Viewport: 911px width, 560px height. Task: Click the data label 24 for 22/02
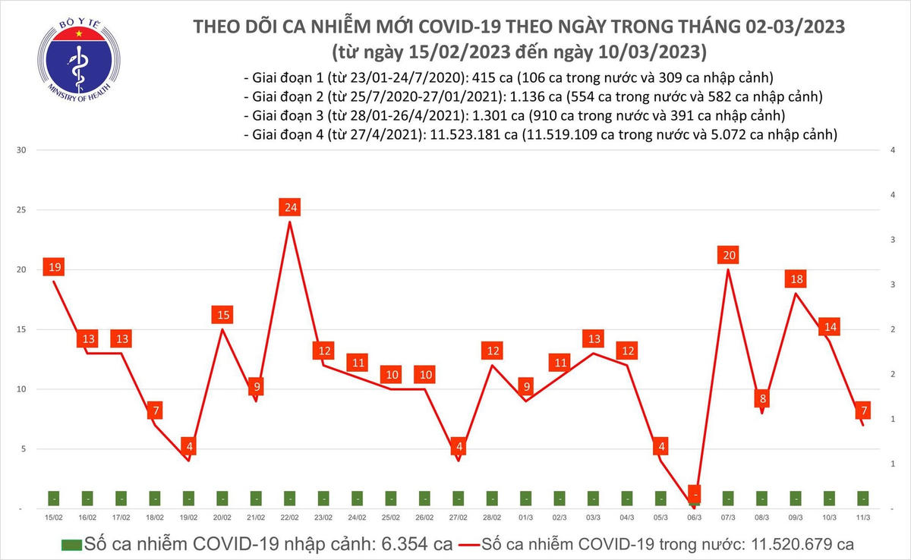pyautogui.click(x=289, y=207)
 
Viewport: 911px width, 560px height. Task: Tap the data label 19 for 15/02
pyautogui.click(x=54, y=267)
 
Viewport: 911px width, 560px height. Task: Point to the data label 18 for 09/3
pyautogui.click(x=796, y=279)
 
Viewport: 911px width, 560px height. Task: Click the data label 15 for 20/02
pyautogui.click(x=222, y=315)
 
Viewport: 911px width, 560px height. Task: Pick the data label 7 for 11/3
pyautogui.click(x=864, y=411)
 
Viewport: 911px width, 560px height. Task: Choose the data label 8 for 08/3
pyautogui.click(x=762, y=398)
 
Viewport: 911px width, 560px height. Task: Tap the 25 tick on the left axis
pyautogui.click(x=22, y=210)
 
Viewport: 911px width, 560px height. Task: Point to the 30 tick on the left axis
pyautogui.click(x=22, y=150)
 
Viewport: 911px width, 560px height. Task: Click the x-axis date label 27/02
pyautogui.click(x=458, y=517)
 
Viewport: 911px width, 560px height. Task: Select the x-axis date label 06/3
pyautogui.click(x=694, y=517)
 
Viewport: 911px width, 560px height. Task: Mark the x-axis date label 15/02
pyautogui.click(x=54, y=517)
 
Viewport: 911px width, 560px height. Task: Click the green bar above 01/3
pyautogui.click(x=525, y=499)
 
